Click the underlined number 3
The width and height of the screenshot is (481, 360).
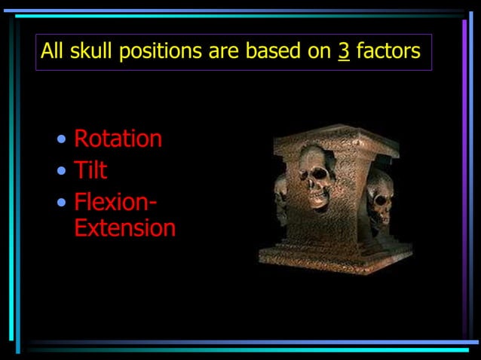tap(344, 52)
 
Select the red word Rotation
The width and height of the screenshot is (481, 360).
tap(118, 139)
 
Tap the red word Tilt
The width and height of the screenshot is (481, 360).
tap(90, 170)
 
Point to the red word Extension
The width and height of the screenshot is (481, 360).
tap(125, 228)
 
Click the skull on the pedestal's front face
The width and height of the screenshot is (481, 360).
tap(317, 178)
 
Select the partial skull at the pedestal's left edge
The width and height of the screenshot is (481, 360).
tap(280, 197)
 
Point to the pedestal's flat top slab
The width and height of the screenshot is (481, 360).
tap(335, 136)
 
